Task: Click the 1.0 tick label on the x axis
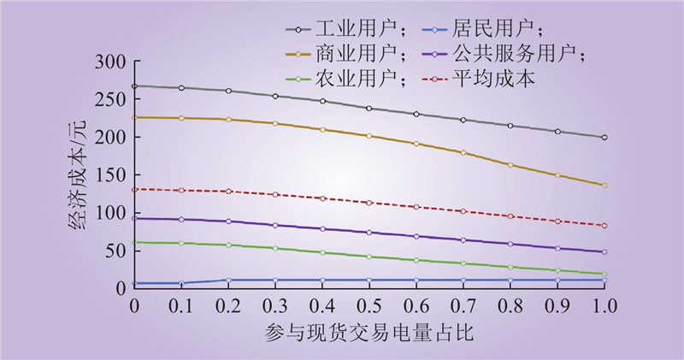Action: pyautogui.click(x=604, y=305)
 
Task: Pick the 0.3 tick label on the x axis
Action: pyautogui.click(x=275, y=305)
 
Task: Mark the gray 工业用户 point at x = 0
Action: pyautogui.click(x=134, y=86)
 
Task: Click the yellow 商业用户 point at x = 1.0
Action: pyautogui.click(x=604, y=185)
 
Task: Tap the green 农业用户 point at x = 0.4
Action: pyautogui.click(x=322, y=252)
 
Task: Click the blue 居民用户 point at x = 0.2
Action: pyautogui.click(x=228, y=280)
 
